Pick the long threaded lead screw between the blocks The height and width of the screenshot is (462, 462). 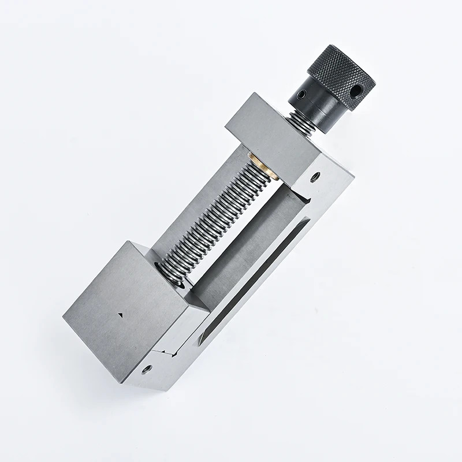(x=219, y=214)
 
